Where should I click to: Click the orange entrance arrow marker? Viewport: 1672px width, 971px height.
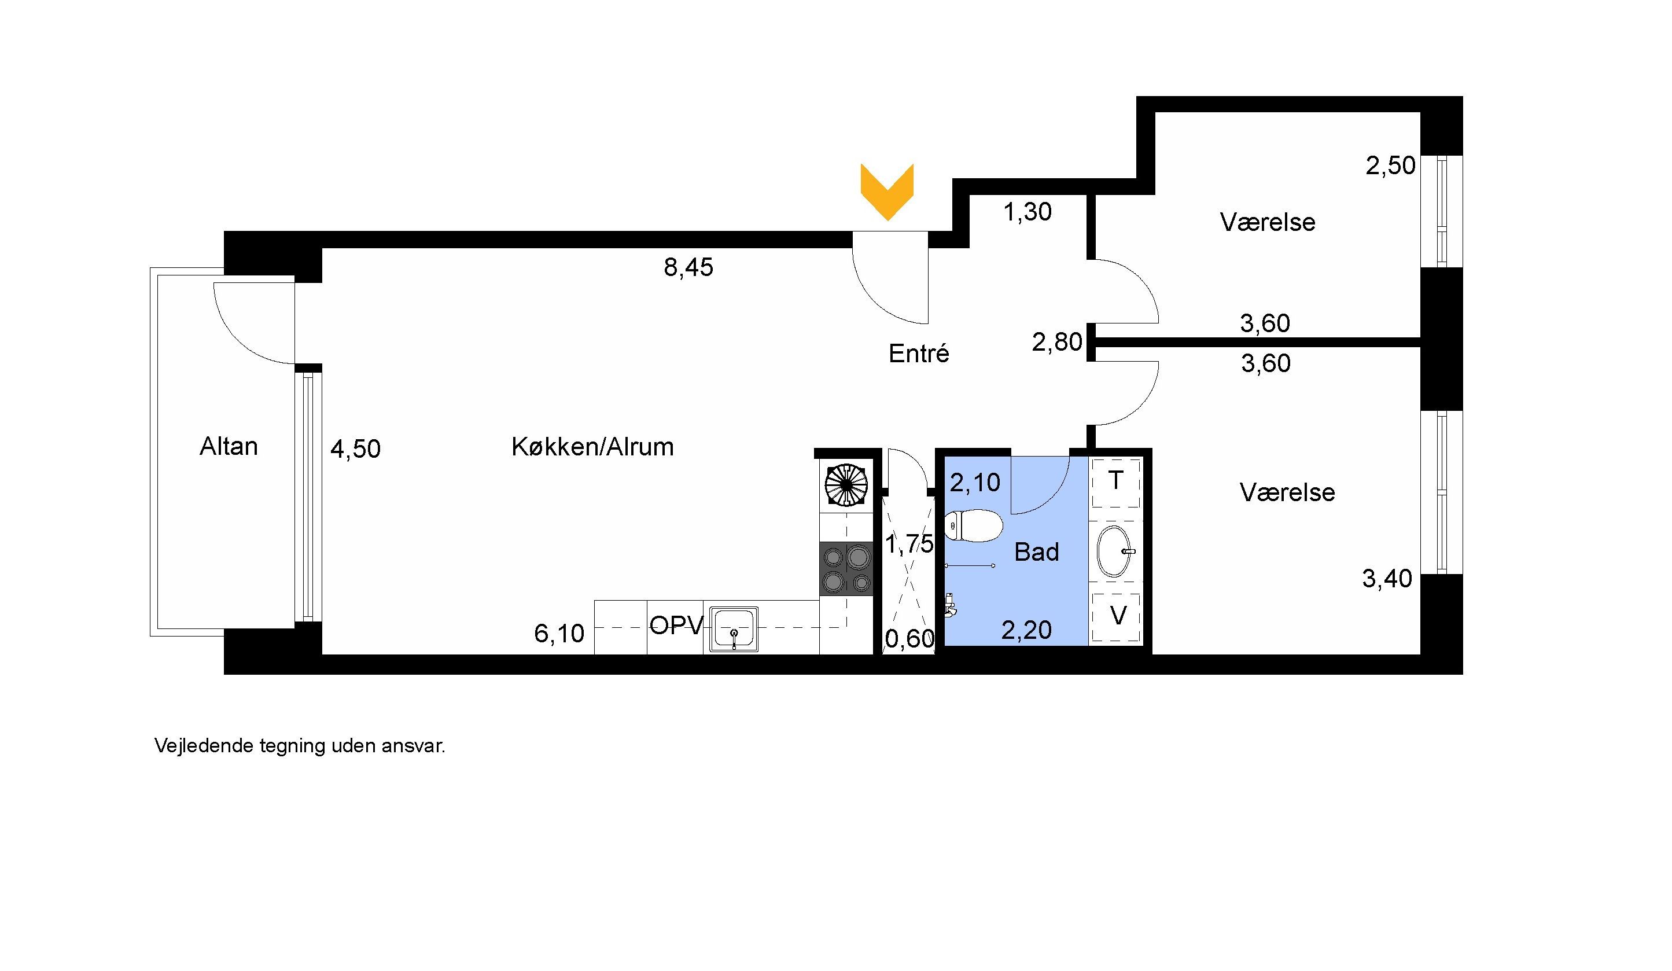tap(887, 191)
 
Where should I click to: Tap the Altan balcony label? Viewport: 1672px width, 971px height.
tap(229, 446)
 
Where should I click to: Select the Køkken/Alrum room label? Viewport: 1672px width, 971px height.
tap(592, 447)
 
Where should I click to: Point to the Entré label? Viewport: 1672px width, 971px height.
tap(918, 353)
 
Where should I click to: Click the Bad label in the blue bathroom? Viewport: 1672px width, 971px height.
tap(1036, 551)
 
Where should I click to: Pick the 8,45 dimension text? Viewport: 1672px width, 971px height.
tap(688, 267)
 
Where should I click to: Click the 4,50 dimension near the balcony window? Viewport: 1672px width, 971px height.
tap(356, 449)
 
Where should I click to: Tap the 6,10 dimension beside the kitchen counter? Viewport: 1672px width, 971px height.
tap(559, 633)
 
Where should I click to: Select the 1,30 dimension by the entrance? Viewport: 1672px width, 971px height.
tap(1027, 212)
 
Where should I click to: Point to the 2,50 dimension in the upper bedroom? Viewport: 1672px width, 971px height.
tap(1390, 165)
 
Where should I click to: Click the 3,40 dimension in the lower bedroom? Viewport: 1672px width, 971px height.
tap(1387, 579)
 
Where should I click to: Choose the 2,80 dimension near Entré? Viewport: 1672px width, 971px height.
tap(1057, 342)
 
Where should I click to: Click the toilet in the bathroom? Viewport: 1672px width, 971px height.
tap(973, 525)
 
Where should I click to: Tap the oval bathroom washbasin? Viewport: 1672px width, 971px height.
tap(1115, 551)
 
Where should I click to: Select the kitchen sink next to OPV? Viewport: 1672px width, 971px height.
tap(734, 628)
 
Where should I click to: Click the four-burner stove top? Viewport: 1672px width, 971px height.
tap(846, 568)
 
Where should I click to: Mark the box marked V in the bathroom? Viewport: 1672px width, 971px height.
tap(1116, 617)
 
